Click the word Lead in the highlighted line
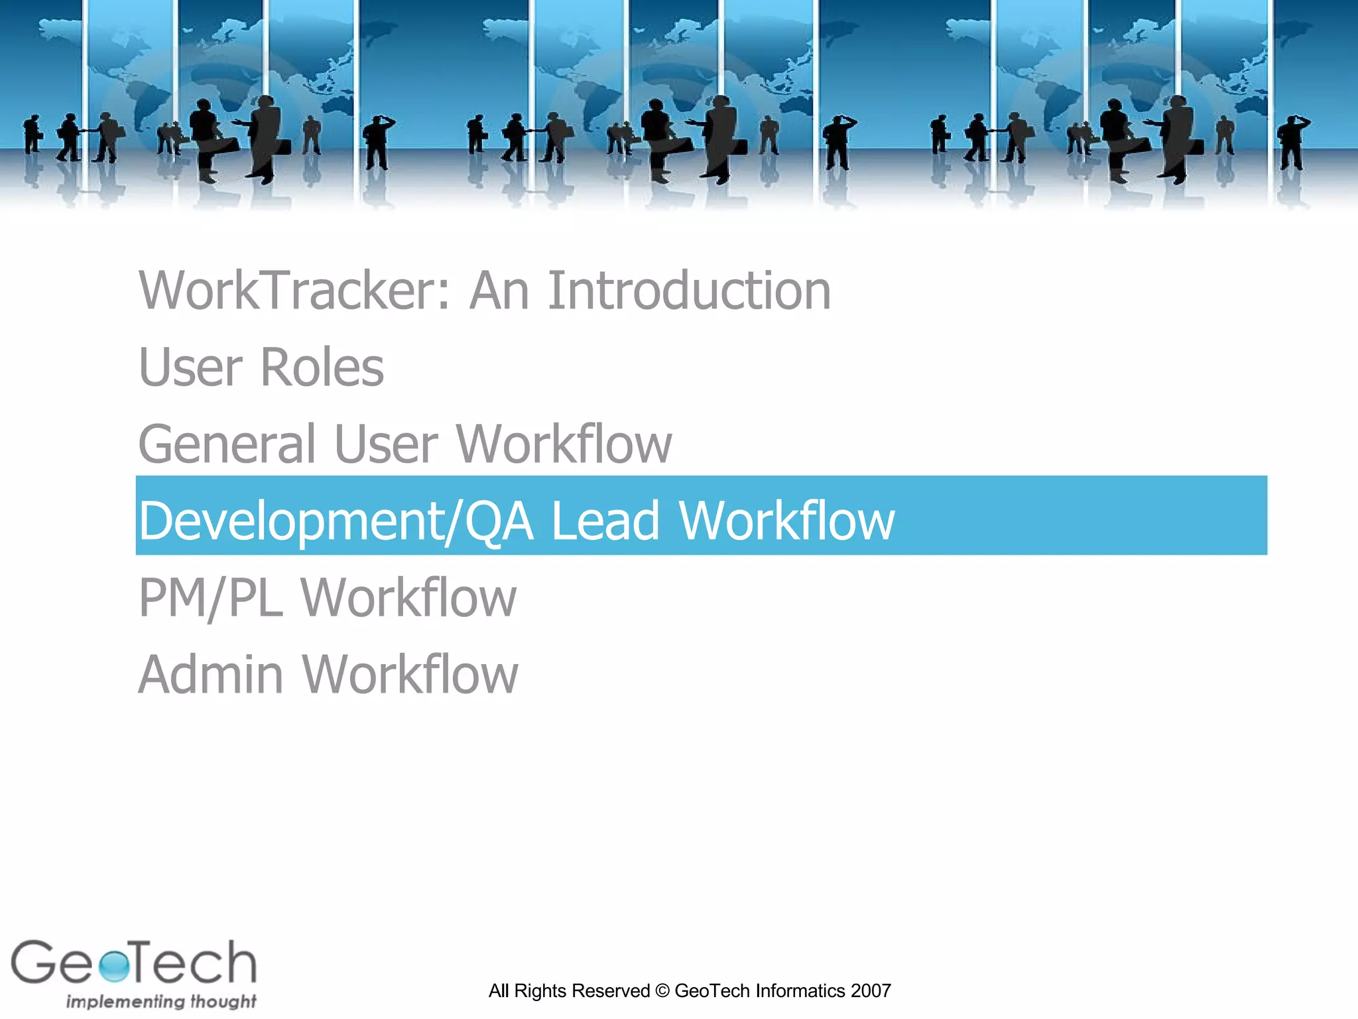(x=605, y=521)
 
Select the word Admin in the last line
(x=211, y=675)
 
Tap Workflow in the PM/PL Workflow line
(x=408, y=598)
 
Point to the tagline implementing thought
(x=161, y=1001)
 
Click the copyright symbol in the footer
(x=662, y=991)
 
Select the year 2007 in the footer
(x=871, y=991)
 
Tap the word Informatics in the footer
(x=800, y=991)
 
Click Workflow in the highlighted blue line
(x=787, y=521)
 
